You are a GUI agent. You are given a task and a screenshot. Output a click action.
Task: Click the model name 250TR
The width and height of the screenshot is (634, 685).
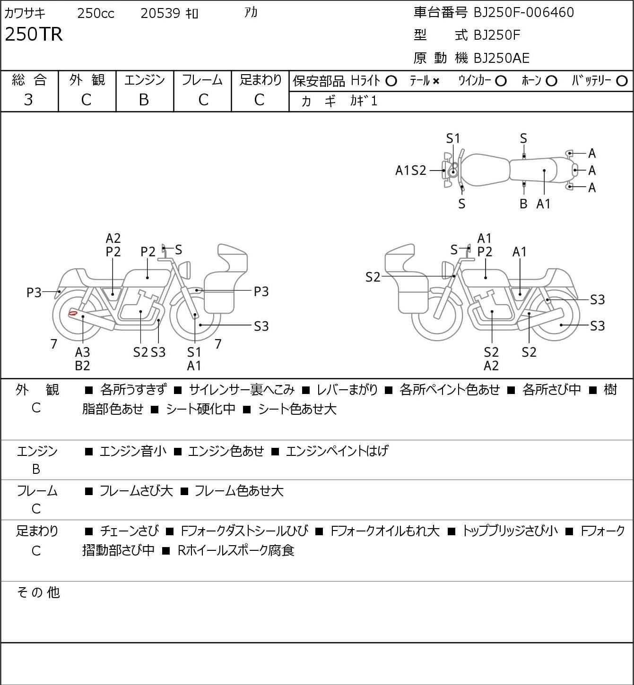pos(34,34)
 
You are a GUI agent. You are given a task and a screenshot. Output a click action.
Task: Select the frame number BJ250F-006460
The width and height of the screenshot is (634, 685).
pos(523,12)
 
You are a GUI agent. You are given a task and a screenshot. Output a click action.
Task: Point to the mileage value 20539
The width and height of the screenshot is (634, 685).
pos(160,13)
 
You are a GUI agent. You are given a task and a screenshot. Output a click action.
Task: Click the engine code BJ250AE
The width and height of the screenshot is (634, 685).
pos(502,58)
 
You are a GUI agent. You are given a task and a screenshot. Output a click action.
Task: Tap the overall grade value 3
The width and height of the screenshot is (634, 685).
pos(28,100)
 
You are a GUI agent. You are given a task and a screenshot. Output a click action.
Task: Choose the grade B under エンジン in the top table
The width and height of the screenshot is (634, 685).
pos(144,100)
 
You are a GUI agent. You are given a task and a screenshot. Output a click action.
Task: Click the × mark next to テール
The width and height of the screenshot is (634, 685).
pos(436,81)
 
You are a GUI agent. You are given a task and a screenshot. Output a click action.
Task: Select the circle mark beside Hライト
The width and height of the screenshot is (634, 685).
pos(391,81)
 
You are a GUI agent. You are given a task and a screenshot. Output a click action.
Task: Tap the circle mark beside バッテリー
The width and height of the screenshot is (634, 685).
pos(622,81)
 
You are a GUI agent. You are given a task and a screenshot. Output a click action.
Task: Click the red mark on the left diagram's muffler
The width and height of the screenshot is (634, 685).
pos(72,313)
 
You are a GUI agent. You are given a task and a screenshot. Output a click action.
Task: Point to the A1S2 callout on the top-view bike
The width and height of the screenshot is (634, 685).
pos(410,171)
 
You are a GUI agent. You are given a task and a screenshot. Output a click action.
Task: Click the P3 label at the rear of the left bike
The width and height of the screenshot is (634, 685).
pos(34,292)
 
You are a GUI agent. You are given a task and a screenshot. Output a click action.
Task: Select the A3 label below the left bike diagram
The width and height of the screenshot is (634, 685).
pos(82,352)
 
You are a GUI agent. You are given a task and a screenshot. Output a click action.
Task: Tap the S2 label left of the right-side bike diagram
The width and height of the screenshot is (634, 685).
pos(373,277)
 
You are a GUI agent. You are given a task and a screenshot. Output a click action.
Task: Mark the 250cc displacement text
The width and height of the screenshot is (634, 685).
pos(96,13)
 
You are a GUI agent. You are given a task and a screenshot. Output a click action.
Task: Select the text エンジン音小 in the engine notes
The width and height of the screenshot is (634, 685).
pos(133,451)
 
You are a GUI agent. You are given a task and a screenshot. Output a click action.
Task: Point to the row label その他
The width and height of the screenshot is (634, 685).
pos(38,592)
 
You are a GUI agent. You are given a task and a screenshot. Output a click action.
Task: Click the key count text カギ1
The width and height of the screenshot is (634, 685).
pos(363,101)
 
